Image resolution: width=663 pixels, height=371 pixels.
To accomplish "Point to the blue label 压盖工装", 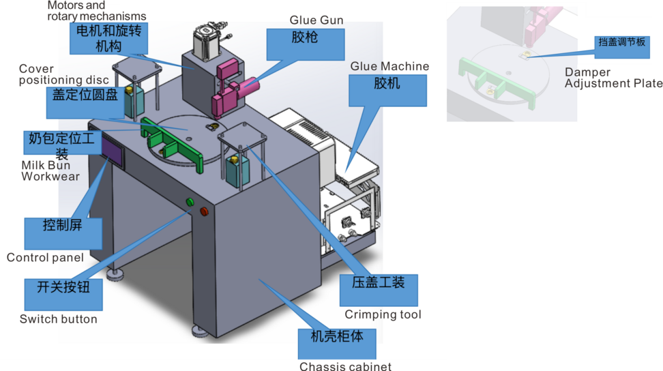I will pos(379,290).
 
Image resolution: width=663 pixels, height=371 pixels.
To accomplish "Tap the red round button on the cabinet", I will pos(203,213).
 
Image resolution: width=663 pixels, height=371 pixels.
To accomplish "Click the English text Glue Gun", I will pos(316,20).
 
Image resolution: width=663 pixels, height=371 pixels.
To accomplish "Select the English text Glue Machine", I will pos(389,66).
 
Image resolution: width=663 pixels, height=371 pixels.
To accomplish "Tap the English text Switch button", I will pos(59,319).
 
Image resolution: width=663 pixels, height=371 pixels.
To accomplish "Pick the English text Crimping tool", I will pos(383,314).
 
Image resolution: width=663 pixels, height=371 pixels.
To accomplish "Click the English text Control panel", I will pos(45,257).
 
